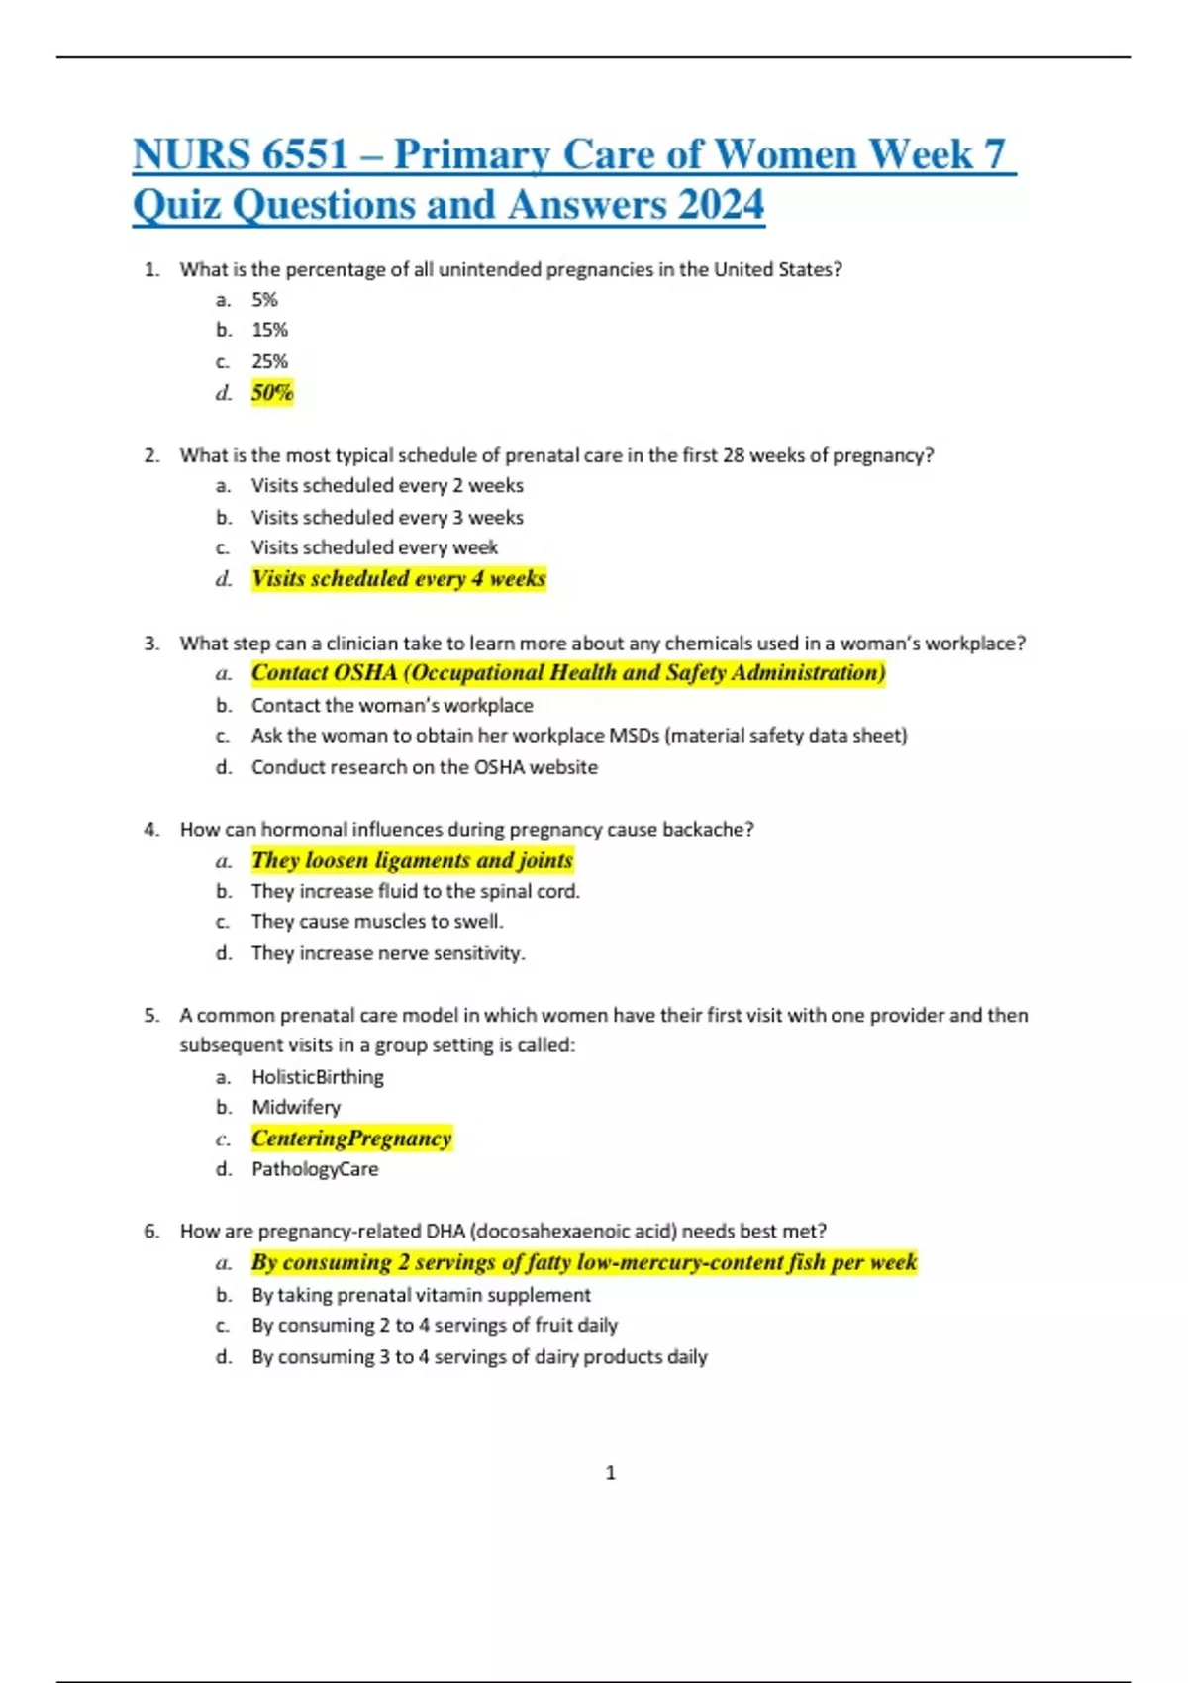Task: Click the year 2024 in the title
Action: [721, 205]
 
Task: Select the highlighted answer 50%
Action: [272, 393]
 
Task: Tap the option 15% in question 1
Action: [269, 330]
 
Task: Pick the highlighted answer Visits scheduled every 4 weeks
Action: [398, 579]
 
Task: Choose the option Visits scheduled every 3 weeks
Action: [387, 517]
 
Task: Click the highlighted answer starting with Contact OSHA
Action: [568, 673]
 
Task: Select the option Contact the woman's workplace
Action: [392, 705]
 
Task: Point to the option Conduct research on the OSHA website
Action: [425, 767]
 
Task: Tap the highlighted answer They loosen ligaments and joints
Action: [412, 860]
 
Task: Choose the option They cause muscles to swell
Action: [377, 922]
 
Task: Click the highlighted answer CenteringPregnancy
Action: [351, 1138]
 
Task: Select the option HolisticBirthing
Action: [318, 1077]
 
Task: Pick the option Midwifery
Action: [296, 1107]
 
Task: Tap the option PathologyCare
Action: [315, 1169]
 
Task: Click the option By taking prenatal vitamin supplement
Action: [421, 1295]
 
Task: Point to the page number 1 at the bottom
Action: [610, 1473]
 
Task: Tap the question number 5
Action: [150, 1016]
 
